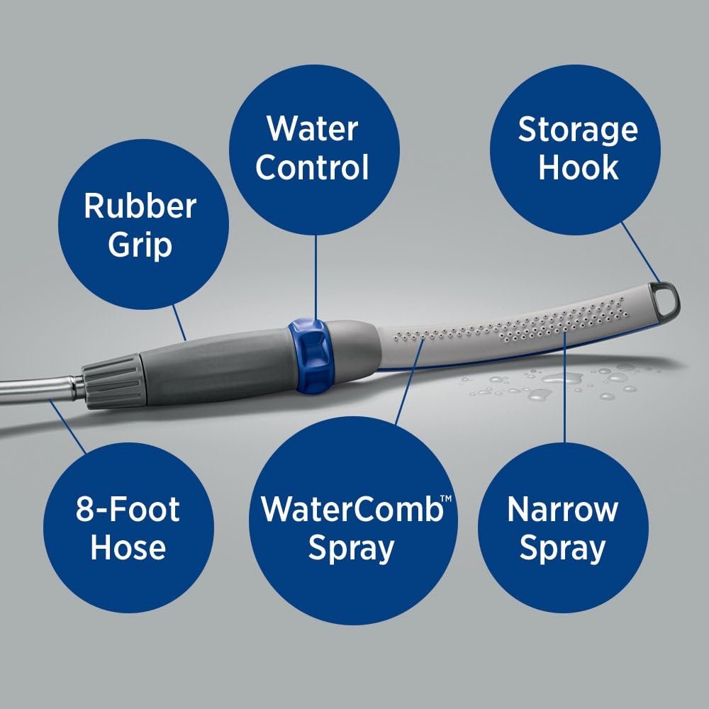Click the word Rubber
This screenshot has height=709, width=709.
(140, 206)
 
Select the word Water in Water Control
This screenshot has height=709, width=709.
(312, 129)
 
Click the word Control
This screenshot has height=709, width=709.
(312, 168)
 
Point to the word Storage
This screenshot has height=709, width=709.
(578, 130)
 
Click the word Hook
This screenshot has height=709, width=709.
(578, 168)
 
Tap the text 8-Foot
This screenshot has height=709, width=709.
(128, 510)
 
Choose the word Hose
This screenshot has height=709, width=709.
(128, 548)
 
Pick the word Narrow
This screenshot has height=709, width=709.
(563, 510)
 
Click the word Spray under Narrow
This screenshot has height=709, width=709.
(563, 548)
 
